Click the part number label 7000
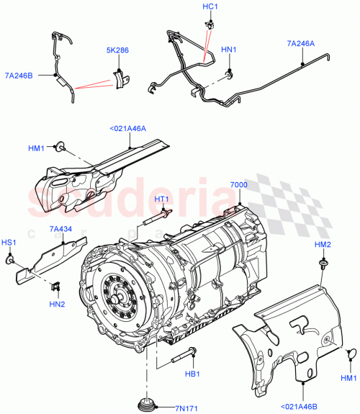coord(238,186)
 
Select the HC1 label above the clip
coord(210,6)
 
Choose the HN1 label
coord(228,50)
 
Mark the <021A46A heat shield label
coord(127,130)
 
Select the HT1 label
coord(161,199)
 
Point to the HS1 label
coord(9,243)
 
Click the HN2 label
coord(58,305)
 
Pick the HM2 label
coord(323,247)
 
